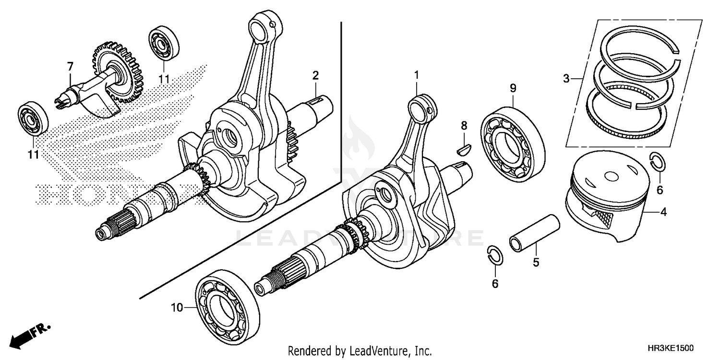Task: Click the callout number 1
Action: pyautogui.click(x=417, y=75)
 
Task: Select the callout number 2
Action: pyautogui.click(x=315, y=75)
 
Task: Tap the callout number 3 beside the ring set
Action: pyautogui.click(x=566, y=78)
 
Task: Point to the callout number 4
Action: pyautogui.click(x=663, y=212)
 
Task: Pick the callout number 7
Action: pyautogui.click(x=70, y=65)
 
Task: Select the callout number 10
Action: pyautogui.click(x=177, y=308)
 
